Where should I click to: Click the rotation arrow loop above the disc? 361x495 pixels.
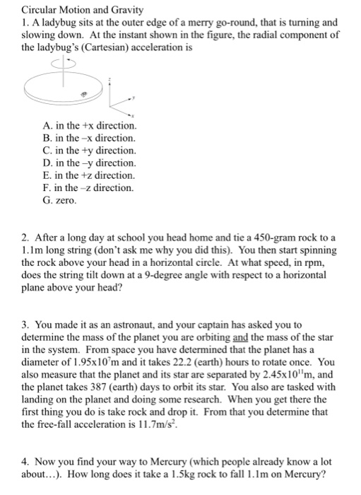coord(63,61)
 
